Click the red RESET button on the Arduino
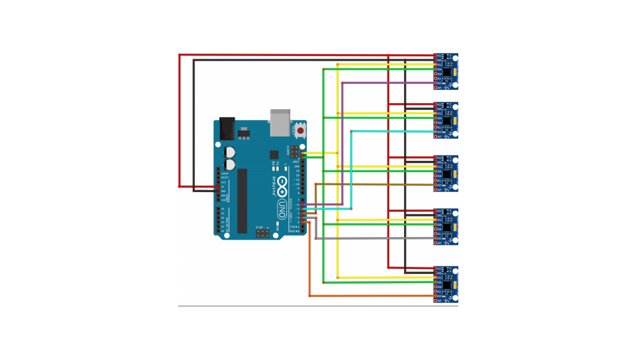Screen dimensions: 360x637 (300, 131)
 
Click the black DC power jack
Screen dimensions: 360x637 (227, 129)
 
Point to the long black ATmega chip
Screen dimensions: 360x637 (242, 201)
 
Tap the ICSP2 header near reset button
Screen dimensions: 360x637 (295, 151)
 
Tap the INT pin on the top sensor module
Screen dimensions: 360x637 (435, 87)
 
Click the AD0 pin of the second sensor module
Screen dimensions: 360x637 (435, 131)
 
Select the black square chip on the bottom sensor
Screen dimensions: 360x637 (447, 285)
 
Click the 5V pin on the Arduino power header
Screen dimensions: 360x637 (218, 186)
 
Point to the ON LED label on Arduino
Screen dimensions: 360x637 (277, 228)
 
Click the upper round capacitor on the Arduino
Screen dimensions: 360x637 (230, 152)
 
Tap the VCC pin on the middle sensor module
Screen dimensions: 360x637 (435, 157)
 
